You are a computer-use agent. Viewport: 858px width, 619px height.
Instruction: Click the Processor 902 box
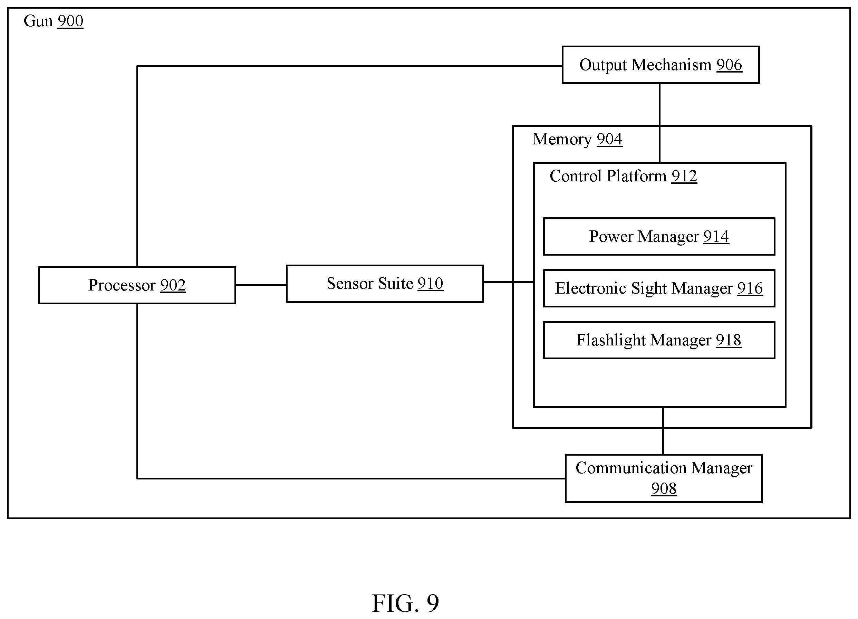pyautogui.click(x=137, y=285)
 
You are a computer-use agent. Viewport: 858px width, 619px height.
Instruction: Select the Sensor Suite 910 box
pyautogui.click(x=385, y=283)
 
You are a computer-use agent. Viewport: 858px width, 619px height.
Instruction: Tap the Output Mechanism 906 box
pyautogui.click(x=661, y=65)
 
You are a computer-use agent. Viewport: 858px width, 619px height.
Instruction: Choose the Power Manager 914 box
pyautogui.click(x=659, y=237)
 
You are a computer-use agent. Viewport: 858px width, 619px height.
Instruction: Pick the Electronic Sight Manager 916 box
pyautogui.click(x=659, y=288)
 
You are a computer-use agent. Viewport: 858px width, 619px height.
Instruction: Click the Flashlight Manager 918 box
pyautogui.click(x=659, y=340)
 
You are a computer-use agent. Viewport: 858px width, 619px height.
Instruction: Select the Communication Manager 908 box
pyautogui.click(x=664, y=478)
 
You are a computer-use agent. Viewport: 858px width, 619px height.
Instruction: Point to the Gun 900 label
pyautogui.click(x=53, y=21)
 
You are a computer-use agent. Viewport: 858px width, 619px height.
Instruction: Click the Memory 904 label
pyautogui.click(x=577, y=139)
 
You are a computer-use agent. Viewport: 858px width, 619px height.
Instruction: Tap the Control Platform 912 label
pyautogui.click(x=624, y=176)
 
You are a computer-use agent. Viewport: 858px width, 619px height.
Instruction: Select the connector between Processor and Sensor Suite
pyautogui.click(x=261, y=285)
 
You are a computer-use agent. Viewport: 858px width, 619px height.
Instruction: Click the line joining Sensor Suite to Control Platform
pyautogui.click(x=509, y=282)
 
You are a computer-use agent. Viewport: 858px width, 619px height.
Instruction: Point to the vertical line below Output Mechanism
pyautogui.click(x=660, y=123)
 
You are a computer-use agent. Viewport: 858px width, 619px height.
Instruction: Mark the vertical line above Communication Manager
pyautogui.click(x=663, y=431)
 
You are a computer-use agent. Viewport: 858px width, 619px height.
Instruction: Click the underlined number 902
pyautogui.click(x=173, y=285)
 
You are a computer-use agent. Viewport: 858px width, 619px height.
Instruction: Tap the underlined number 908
pyautogui.click(x=664, y=488)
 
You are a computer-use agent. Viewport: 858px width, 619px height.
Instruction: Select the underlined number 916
pyautogui.click(x=750, y=288)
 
